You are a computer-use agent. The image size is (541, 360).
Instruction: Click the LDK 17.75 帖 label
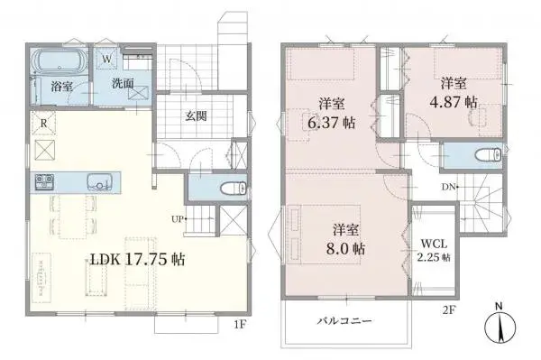point(137,259)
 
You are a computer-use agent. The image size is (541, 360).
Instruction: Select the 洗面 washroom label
point(123,83)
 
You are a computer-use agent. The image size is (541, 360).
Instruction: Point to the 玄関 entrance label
point(197,115)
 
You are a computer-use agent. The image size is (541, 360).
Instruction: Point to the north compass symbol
point(500,327)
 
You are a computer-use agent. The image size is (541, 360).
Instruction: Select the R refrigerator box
point(42,124)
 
